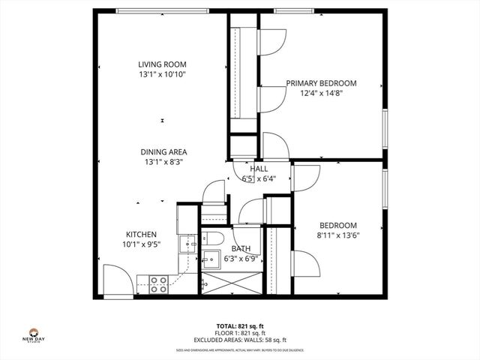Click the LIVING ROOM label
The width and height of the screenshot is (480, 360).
tap(161, 64)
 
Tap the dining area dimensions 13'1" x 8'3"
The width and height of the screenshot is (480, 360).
tap(162, 161)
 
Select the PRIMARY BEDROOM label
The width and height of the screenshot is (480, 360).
tap(321, 83)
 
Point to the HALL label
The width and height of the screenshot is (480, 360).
tap(259, 169)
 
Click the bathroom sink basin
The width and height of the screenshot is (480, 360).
tap(210, 260)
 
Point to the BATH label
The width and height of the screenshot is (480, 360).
tap(241, 248)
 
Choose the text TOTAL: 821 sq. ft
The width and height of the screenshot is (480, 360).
tap(240, 326)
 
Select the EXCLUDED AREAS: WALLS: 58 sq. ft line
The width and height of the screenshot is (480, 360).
tap(240, 340)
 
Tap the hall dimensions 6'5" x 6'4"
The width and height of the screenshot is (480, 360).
tap(259, 178)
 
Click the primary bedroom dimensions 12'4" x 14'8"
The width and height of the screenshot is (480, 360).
tap(321, 93)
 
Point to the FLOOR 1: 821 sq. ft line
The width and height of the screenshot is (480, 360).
tap(240, 334)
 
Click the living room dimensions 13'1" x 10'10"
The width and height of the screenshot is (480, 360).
tap(161, 75)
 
